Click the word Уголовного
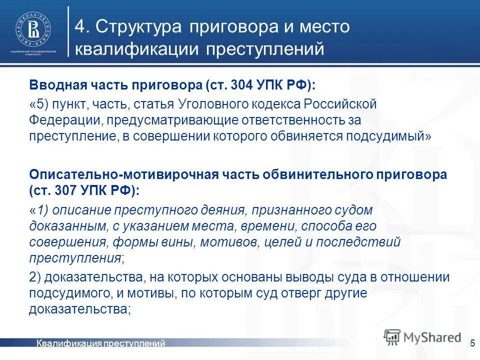click(222, 105)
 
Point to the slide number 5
click(472, 343)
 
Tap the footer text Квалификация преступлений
click(100, 343)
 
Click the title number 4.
click(81, 27)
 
